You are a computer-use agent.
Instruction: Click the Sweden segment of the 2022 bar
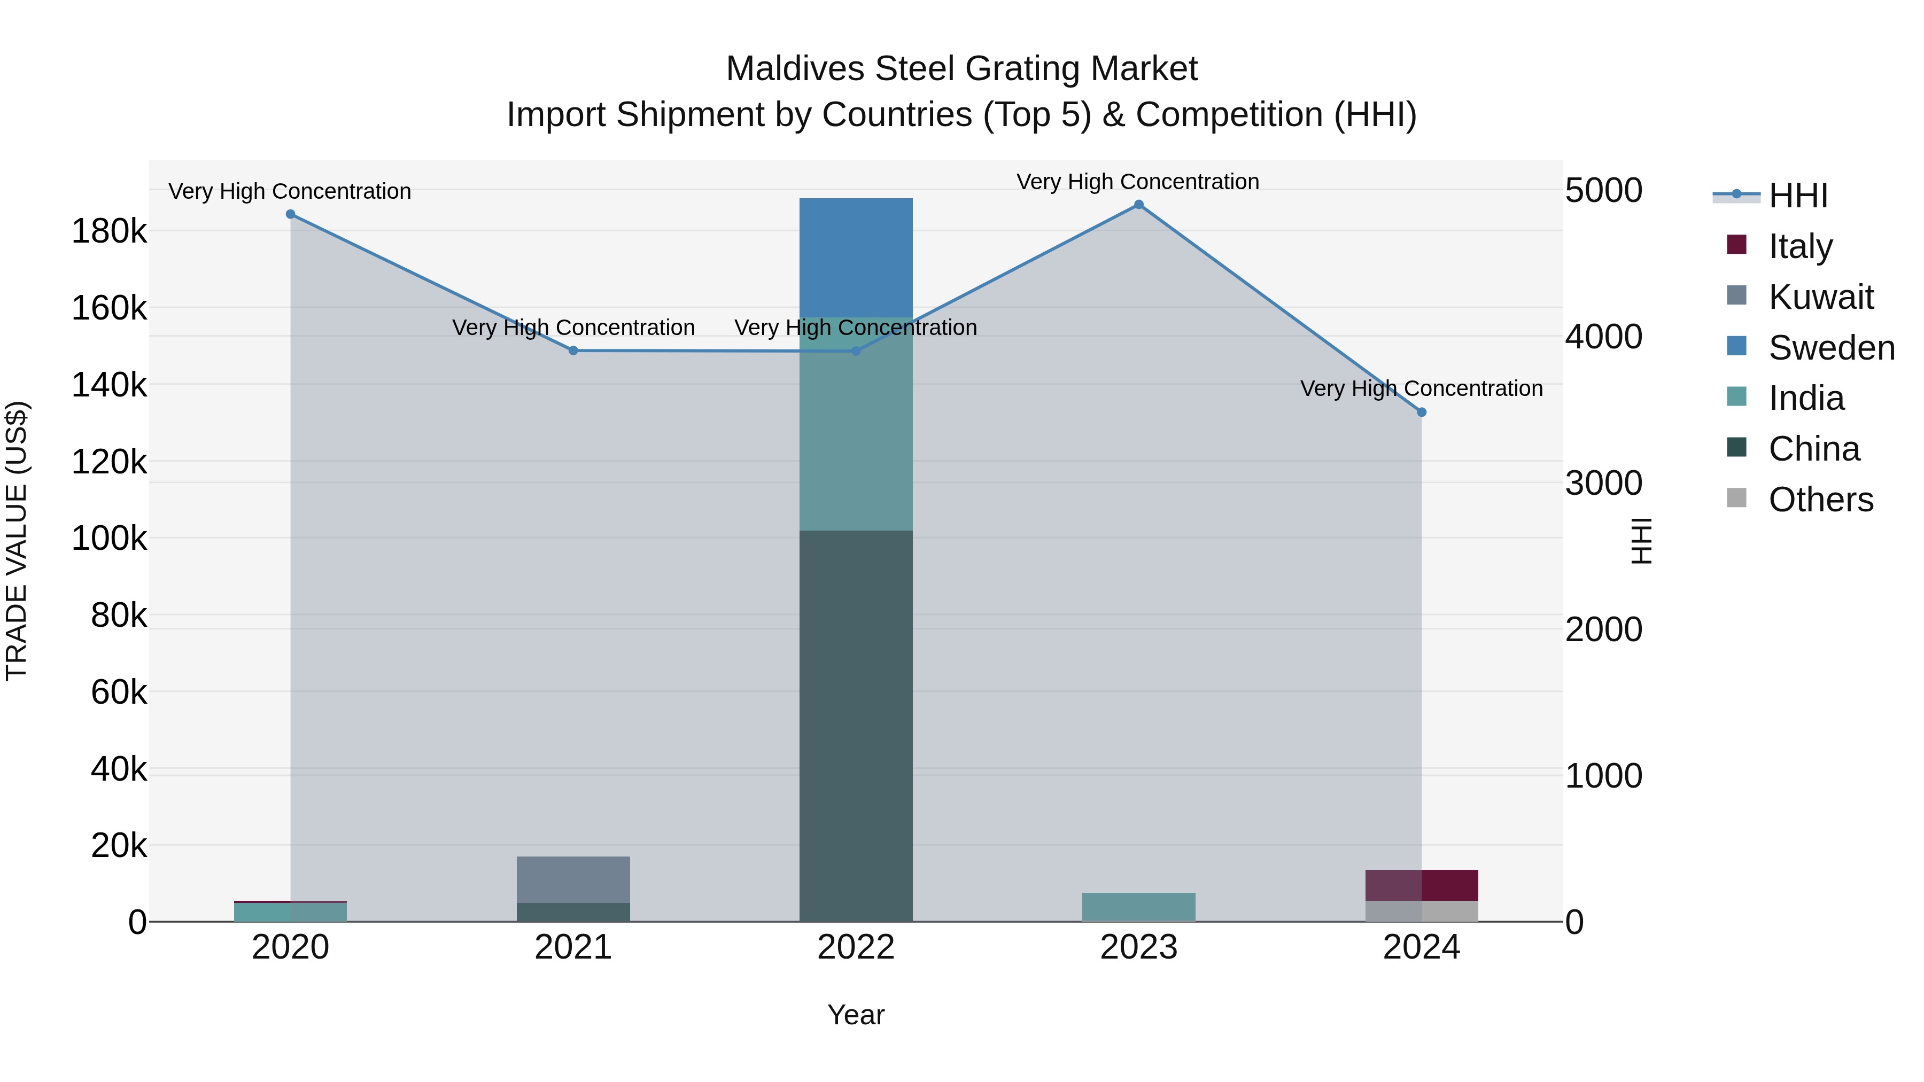[856, 258]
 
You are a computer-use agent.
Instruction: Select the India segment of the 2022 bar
[856, 424]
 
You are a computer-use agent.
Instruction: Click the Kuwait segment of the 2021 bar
[573, 879]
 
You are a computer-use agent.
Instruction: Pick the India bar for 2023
[1138, 907]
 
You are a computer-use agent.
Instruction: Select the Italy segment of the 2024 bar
[1421, 885]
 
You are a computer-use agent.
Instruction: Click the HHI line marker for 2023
[1139, 205]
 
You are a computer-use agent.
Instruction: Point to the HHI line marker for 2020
[291, 214]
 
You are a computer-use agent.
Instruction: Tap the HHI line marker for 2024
[1421, 412]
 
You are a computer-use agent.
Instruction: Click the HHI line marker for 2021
[573, 350]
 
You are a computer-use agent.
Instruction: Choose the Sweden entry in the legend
[1830, 348]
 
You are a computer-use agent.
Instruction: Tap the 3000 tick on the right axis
[1603, 483]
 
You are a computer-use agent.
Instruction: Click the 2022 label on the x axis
[856, 947]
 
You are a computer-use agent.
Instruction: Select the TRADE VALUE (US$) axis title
[17, 541]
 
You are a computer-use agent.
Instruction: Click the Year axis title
[856, 1015]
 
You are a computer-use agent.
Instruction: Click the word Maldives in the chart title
[795, 69]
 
